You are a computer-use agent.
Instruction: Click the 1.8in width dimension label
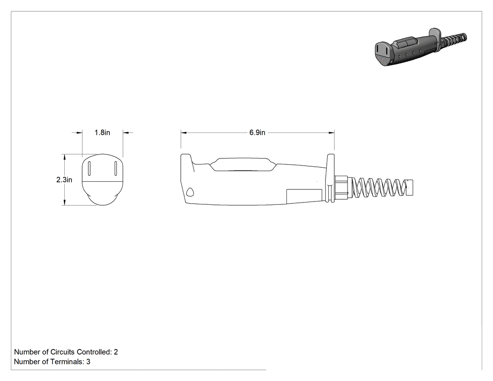[102, 132]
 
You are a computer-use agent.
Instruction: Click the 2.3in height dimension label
[64, 179]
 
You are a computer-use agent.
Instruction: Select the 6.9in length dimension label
[257, 132]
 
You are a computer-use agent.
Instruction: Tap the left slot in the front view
[89, 168]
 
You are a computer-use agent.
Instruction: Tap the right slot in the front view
[116, 168]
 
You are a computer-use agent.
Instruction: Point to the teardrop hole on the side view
[190, 192]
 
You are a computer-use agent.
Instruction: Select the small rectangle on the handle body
[304, 196]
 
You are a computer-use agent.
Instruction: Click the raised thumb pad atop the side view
[243, 164]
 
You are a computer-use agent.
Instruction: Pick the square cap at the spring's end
[410, 187]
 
